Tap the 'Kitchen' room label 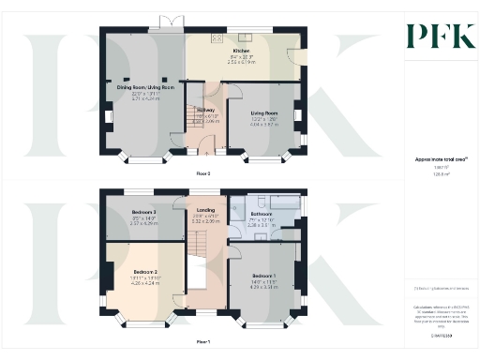(241, 51)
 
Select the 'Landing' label (205, 210)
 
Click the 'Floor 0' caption (203, 173)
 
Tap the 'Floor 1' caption (203, 340)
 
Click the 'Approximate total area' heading (434, 160)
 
